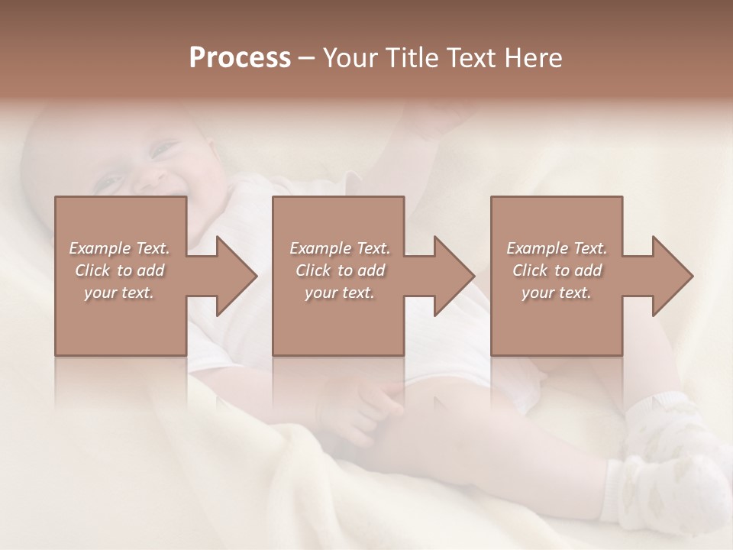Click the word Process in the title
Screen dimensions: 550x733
click(240, 58)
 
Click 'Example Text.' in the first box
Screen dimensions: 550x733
click(120, 248)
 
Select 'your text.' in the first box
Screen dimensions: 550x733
click(120, 293)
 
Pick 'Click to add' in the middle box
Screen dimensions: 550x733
click(340, 270)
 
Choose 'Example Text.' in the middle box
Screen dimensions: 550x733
click(340, 248)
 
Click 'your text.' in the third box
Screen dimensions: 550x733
click(557, 293)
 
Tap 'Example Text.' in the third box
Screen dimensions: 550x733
click(557, 248)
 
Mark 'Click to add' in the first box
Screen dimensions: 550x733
click(120, 270)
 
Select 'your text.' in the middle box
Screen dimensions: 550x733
click(340, 293)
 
